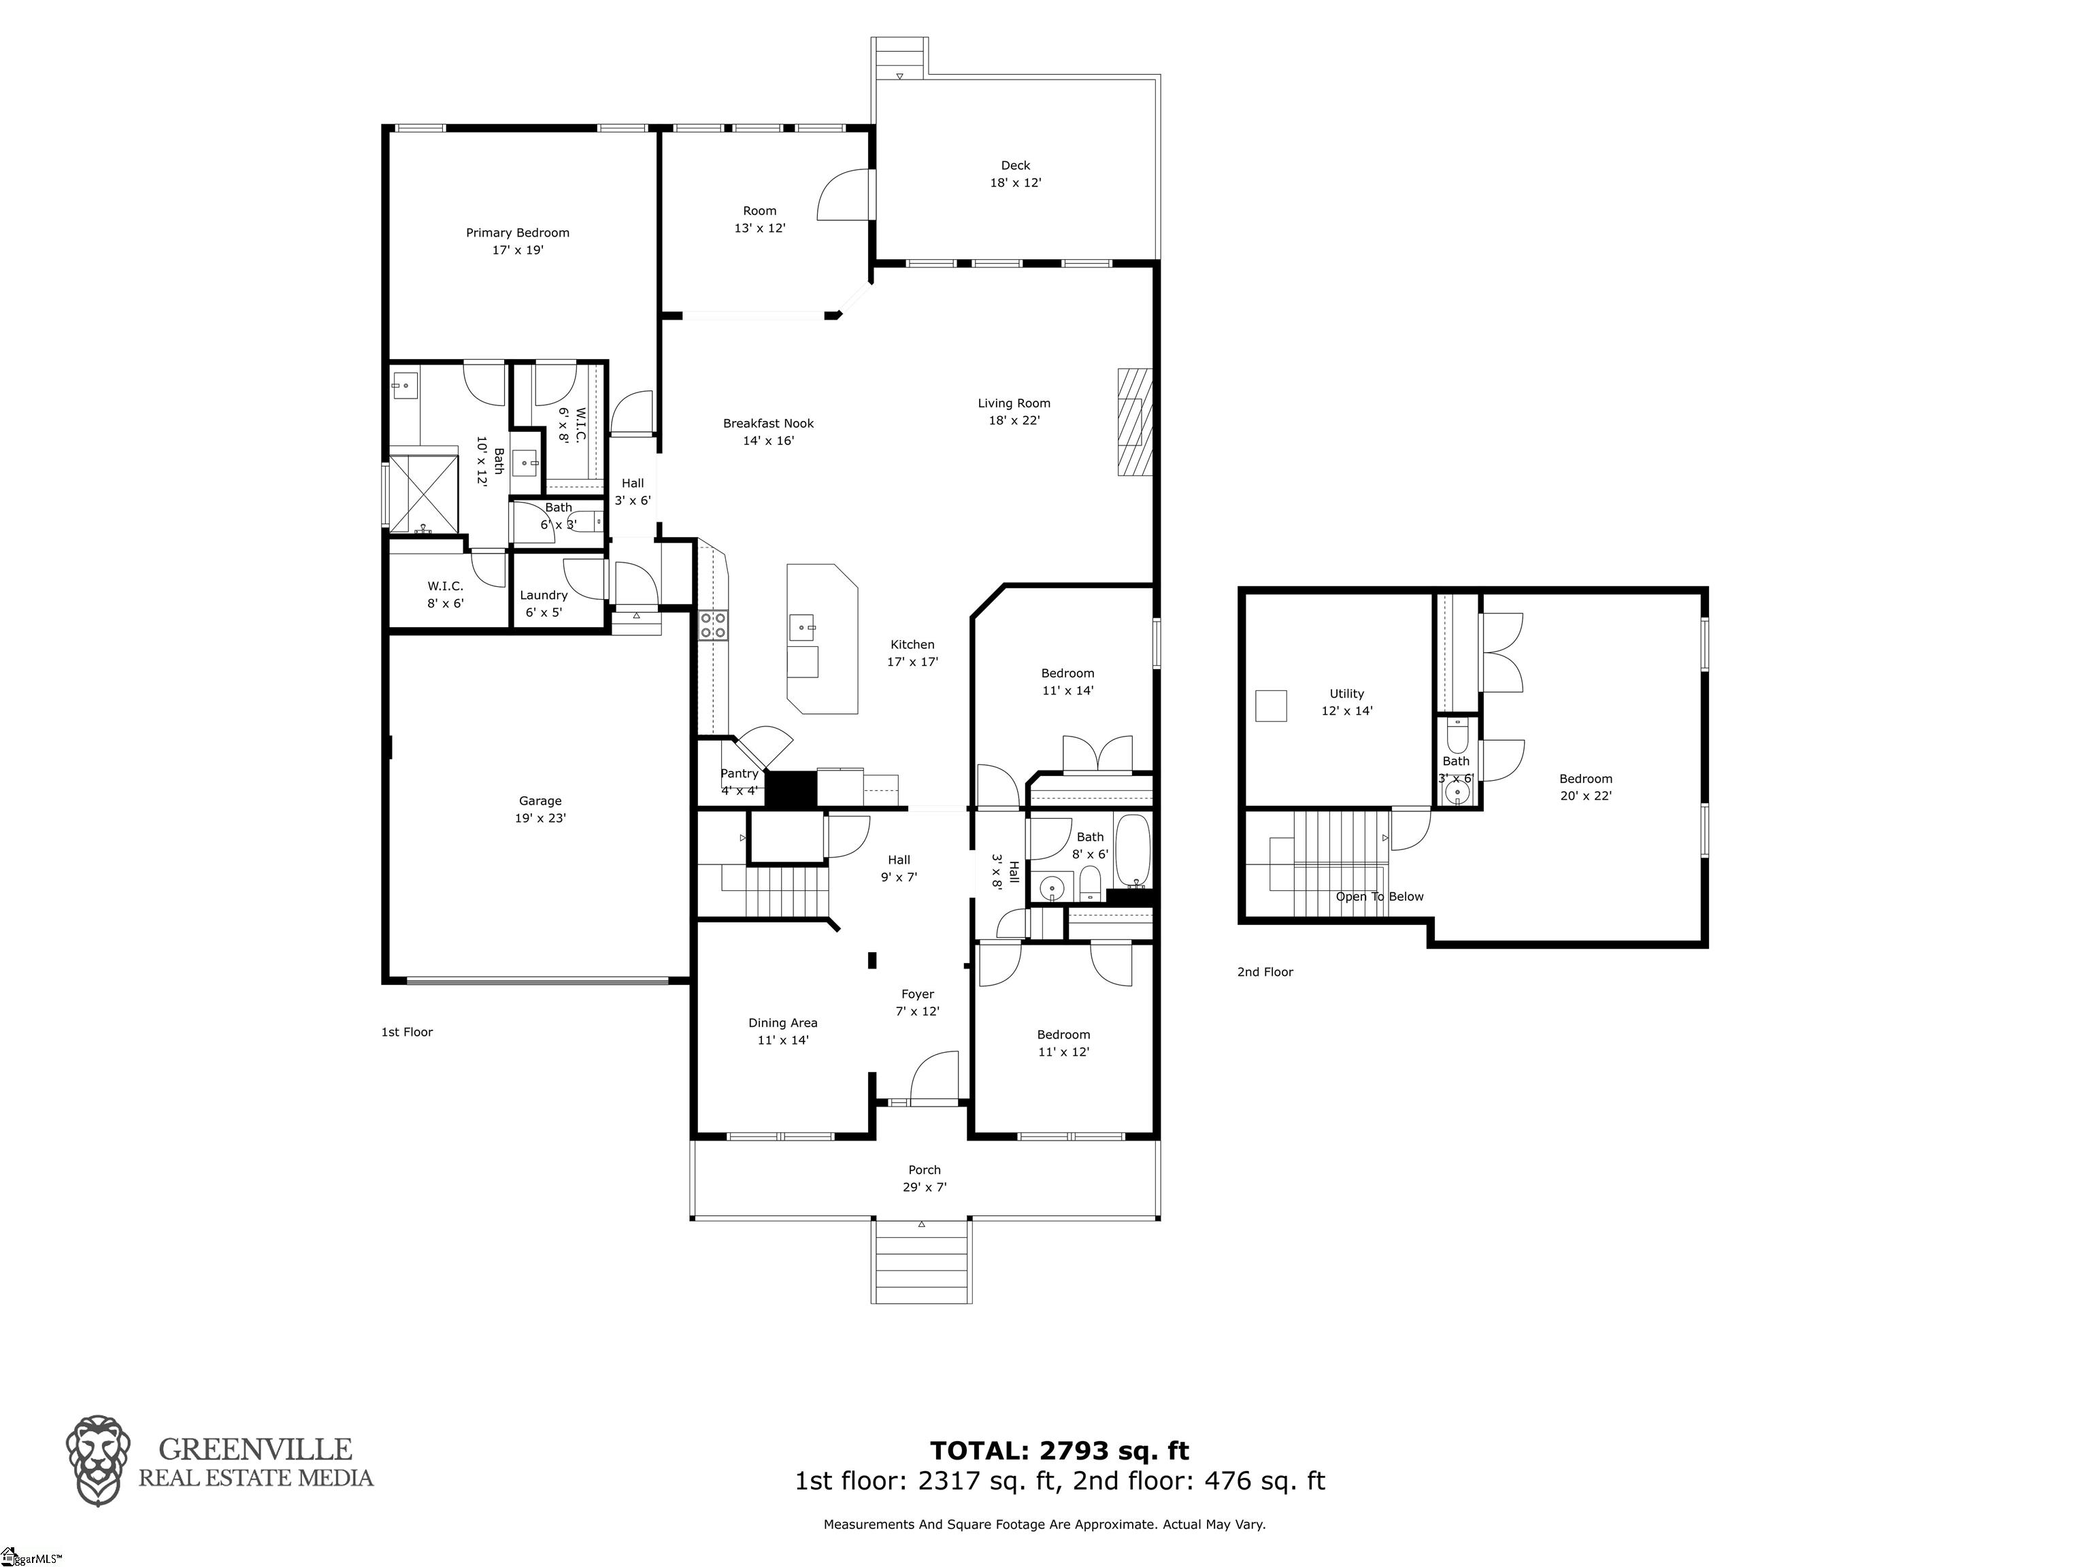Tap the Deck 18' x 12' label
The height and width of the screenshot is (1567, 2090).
click(1015, 174)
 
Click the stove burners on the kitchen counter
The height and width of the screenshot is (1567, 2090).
click(712, 625)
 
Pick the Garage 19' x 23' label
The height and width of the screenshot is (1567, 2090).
click(540, 809)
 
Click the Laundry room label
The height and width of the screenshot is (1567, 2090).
click(544, 603)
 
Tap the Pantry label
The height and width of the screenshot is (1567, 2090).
click(739, 773)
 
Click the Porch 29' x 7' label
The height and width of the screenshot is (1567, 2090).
click(924, 1178)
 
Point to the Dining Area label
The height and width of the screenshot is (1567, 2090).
click(782, 1030)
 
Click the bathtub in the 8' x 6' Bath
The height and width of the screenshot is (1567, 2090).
click(1132, 848)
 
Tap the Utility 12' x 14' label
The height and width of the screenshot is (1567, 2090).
click(1346, 702)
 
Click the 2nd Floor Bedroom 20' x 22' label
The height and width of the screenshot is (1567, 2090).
click(1585, 787)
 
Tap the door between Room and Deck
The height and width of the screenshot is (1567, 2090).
click(844, 195)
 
